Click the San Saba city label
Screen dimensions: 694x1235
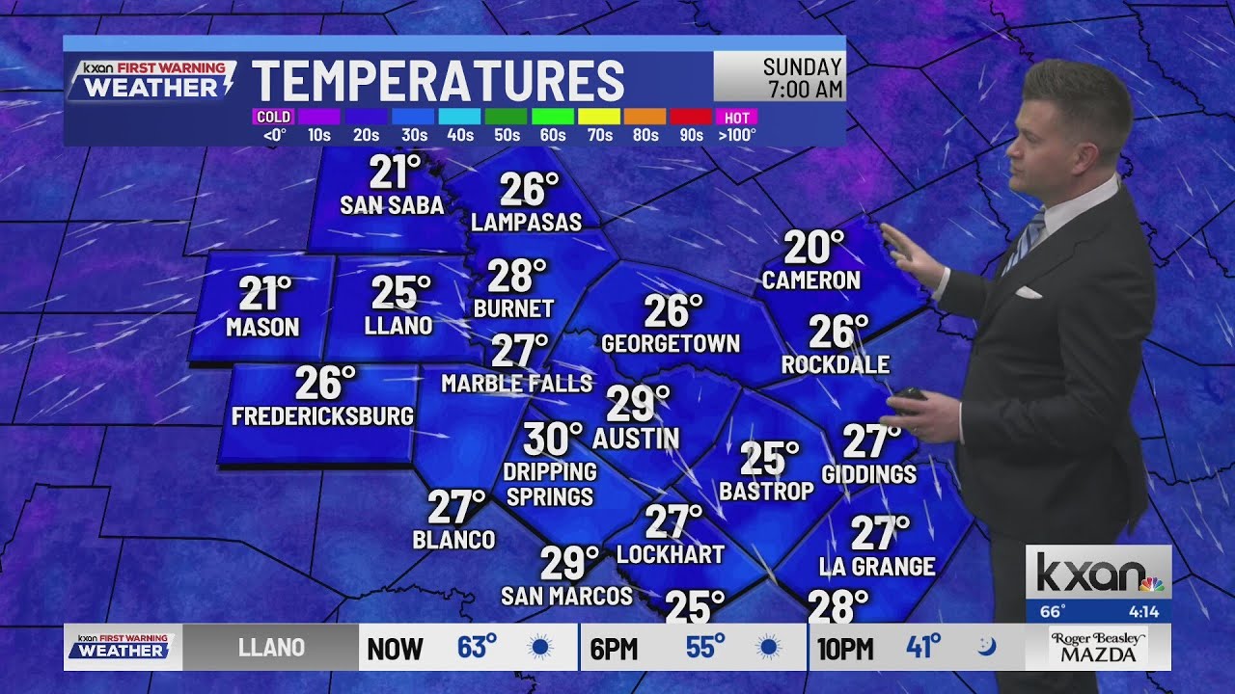tap(392, 205)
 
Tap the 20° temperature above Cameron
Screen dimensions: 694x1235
tap(813, 248)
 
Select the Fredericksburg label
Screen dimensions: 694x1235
tap(322, 416)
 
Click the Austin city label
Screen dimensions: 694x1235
tap(636, 439)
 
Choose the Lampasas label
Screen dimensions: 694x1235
tap(526, 222)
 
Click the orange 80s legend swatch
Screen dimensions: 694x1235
tap(645, 118)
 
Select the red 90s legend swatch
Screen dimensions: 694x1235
tap(691, 118)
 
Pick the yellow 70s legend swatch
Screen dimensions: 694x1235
tap(599, 118)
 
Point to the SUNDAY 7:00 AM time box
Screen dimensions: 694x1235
tap(779, 77)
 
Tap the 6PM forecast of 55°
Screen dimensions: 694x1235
tap(692, 648)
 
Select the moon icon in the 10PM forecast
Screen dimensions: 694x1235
tap(986, 647)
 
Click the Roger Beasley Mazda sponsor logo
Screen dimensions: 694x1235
tap(1098, 647)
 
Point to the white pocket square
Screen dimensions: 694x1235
tap(1029, 292)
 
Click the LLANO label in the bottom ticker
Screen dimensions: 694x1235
tap(271, 648)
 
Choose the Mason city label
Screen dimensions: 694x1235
tap(262, 328)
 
